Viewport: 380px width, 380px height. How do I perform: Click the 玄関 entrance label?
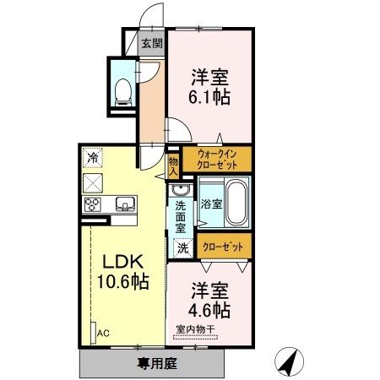pos(152,43)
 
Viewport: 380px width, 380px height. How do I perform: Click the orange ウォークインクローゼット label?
pos(223,160)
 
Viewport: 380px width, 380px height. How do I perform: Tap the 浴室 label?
pos(211,204)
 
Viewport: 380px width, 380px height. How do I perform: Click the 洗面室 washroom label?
pos(181,215)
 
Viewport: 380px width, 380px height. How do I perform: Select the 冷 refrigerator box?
pos(91,156)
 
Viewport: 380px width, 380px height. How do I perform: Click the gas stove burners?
pos(92,204)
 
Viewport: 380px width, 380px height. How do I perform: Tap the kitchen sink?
pos(123,204)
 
